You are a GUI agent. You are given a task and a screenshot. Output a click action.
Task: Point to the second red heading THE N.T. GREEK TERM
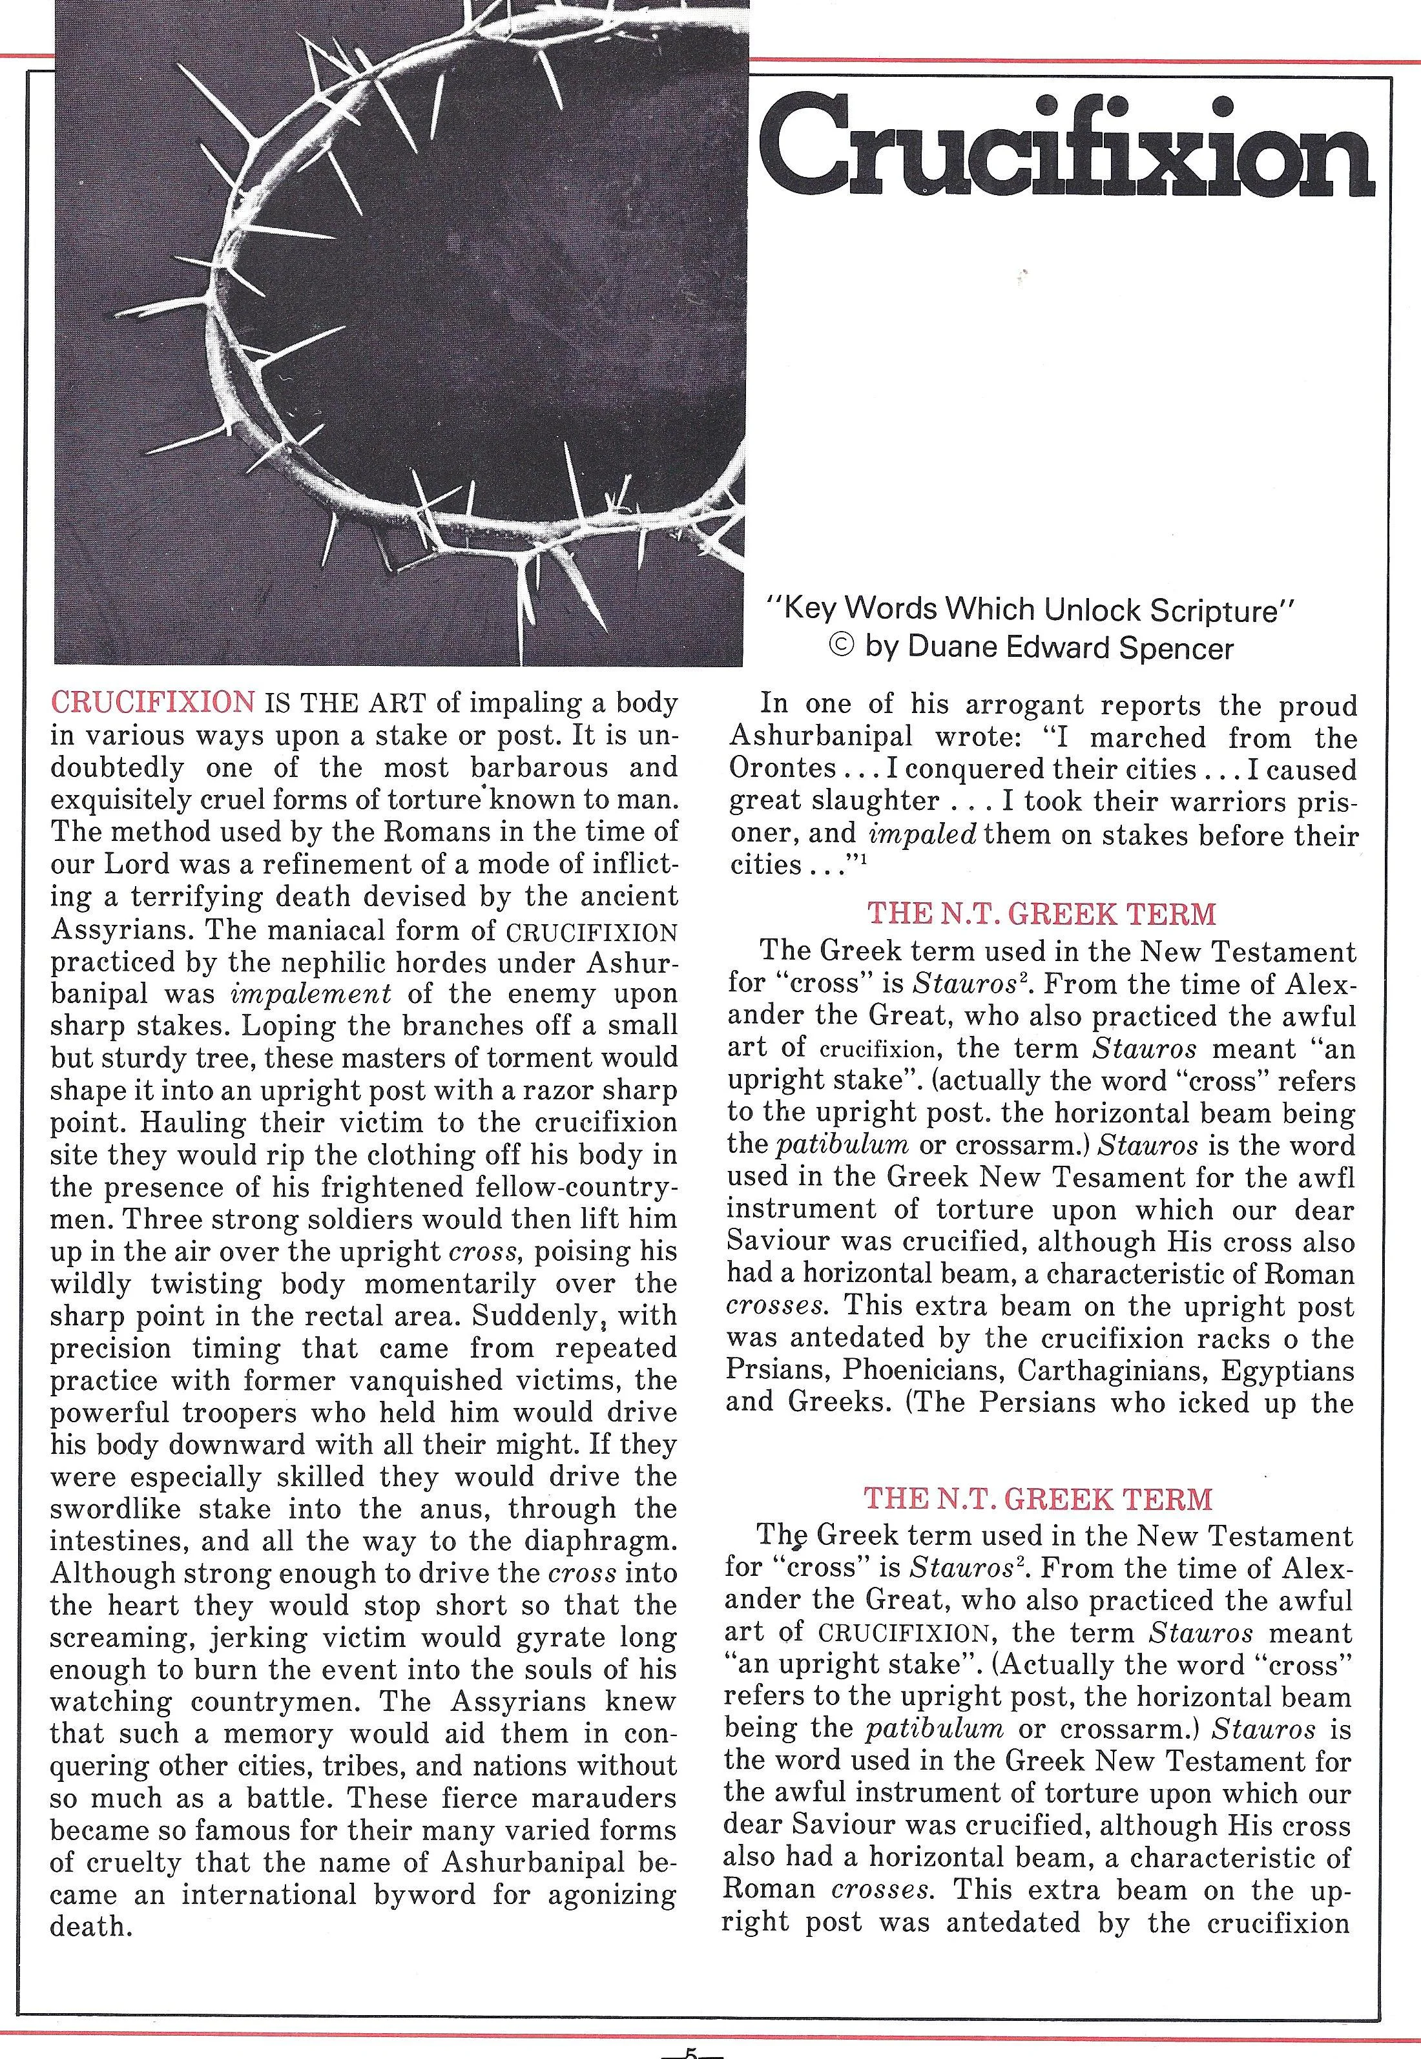pos(1038,1498)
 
